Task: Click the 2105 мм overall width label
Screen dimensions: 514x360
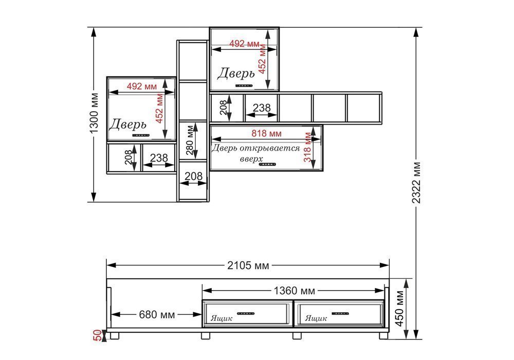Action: (248, 265)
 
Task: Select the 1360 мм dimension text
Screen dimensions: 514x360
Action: (294, 291)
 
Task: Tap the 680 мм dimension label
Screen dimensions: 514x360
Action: (157, 315)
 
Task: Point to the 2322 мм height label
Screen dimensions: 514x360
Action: (416, 183)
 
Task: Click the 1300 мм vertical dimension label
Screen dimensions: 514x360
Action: (94, 114)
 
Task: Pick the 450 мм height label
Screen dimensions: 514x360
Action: (400, 309)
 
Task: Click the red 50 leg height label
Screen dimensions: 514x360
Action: (98, 336)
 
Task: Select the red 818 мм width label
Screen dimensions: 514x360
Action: (266, 133)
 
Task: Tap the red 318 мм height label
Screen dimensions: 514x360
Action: (307, 147)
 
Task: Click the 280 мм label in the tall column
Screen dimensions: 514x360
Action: (190, 140)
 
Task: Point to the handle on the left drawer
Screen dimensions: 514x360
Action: (246, 313)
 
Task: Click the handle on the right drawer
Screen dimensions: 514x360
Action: (340, 313)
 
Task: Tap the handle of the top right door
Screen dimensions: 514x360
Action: (244, 86)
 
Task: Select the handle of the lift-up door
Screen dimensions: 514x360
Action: (267, 164)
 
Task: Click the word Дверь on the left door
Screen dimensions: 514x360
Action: (127, 124)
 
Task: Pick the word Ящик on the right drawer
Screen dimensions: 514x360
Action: (316, 318)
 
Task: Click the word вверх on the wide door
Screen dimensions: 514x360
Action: (251, 159)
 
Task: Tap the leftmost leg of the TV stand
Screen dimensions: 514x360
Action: (115, 335)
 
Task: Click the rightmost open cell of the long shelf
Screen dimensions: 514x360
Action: (363, 108)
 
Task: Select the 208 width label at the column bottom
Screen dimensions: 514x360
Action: (194, 176)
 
